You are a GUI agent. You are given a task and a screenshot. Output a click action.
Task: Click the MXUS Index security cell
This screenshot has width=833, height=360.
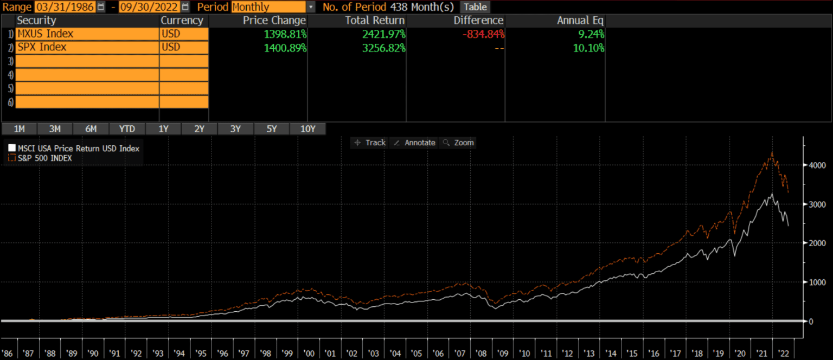point(87,34)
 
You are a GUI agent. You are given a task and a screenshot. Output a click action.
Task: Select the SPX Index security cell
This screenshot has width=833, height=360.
point(87,47)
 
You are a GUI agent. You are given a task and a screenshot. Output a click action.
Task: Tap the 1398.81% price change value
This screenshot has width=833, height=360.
point(285,34)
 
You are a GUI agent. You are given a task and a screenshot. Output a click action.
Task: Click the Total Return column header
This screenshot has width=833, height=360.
point(375,20)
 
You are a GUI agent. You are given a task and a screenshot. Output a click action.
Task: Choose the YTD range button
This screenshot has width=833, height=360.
point(127,129)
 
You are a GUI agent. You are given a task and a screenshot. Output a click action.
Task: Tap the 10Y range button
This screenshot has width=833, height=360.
point(307,129)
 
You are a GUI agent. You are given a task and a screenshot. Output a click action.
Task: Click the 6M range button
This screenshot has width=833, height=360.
point(91,129)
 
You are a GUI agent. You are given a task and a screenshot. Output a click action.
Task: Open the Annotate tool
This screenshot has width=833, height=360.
point(414,143)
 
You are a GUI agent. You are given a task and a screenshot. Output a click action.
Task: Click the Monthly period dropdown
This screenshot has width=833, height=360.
point(273,7)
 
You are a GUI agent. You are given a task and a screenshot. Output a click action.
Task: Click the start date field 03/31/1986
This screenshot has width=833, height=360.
point(65,7)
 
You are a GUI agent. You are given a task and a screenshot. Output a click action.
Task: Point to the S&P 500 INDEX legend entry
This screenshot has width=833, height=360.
point(44,158)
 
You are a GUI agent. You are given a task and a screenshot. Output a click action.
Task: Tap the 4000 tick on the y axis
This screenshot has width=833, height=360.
point(818,165)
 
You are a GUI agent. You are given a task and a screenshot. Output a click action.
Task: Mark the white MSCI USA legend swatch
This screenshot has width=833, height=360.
point(12,148)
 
